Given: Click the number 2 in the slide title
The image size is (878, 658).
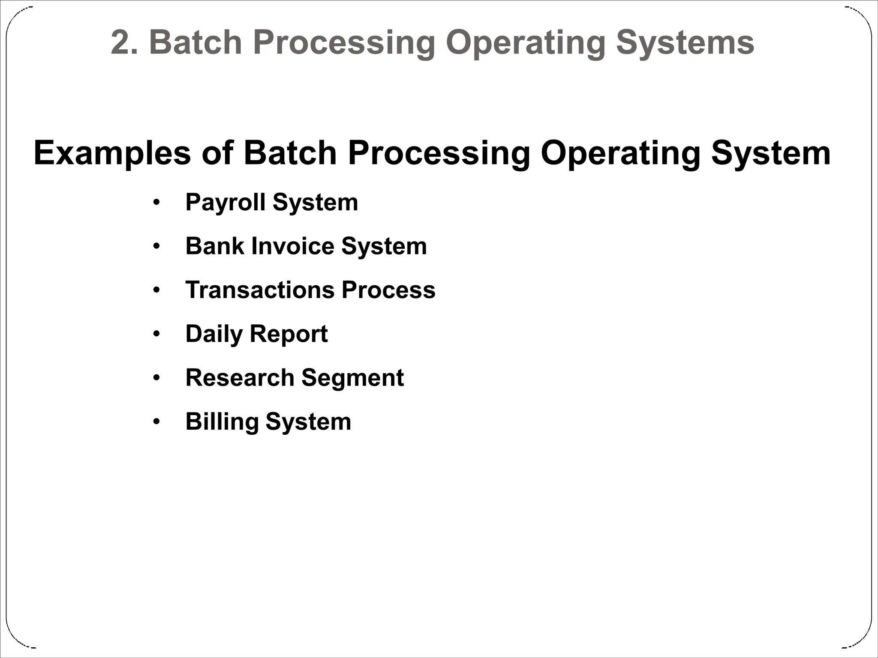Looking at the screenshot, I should click(x=121, y=43).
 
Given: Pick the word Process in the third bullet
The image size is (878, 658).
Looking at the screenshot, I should click(x=388, y=290).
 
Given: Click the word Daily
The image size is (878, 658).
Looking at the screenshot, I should click(x=214, y=334).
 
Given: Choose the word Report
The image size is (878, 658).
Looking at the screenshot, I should click(x=289, y=334).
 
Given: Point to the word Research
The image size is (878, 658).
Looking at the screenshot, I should click(x=240, y=378).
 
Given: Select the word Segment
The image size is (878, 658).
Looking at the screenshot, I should click(x=352, y=378).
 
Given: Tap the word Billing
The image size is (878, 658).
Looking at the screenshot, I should click(x=222, y=422).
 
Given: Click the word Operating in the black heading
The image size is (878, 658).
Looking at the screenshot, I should click(x=620, y=153).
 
